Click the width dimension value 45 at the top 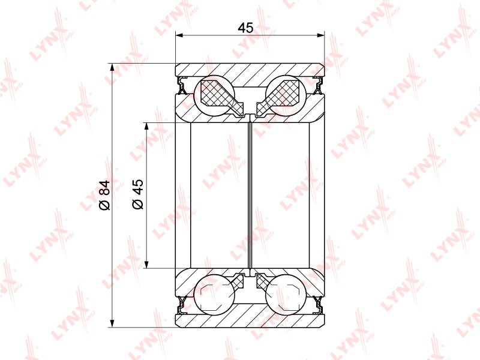click(x=246, y=28)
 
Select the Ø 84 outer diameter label click(x=104, y=196)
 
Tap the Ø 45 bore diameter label click(x=138, y=194)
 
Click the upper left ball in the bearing click(x=215, y=95)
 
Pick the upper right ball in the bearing click(x=286, y=95)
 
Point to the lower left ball click(x=215, y=295)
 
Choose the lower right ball click(x=286, y=295)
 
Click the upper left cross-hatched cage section click(x=221, y=97)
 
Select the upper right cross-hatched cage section click(x=279, y=97)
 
